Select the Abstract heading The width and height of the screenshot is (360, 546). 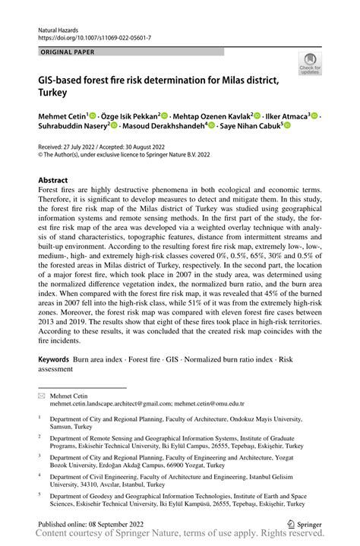[x=53, y=180]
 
